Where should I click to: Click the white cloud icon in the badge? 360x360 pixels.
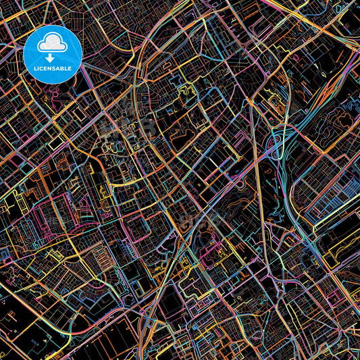52,44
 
